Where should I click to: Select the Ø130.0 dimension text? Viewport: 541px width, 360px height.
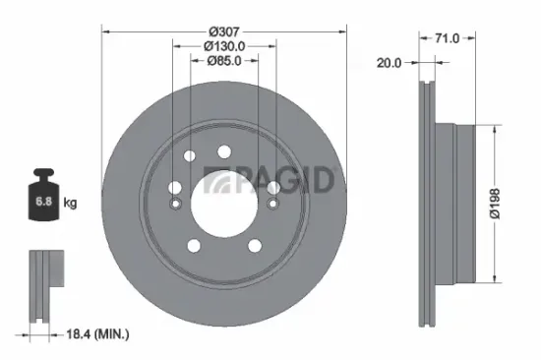coord(224,45)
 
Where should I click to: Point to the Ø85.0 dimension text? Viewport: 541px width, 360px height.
coord(224,61)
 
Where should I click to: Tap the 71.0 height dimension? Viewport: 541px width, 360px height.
coord(448,38)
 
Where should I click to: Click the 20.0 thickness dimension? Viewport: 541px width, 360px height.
coord(390,64)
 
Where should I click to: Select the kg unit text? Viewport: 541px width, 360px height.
coord(70,204)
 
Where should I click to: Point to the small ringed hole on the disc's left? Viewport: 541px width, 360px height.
coord(175,205)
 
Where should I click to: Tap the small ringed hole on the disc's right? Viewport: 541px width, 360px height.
coord(271,205)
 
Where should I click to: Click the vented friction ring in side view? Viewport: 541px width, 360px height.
coord(427,207)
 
